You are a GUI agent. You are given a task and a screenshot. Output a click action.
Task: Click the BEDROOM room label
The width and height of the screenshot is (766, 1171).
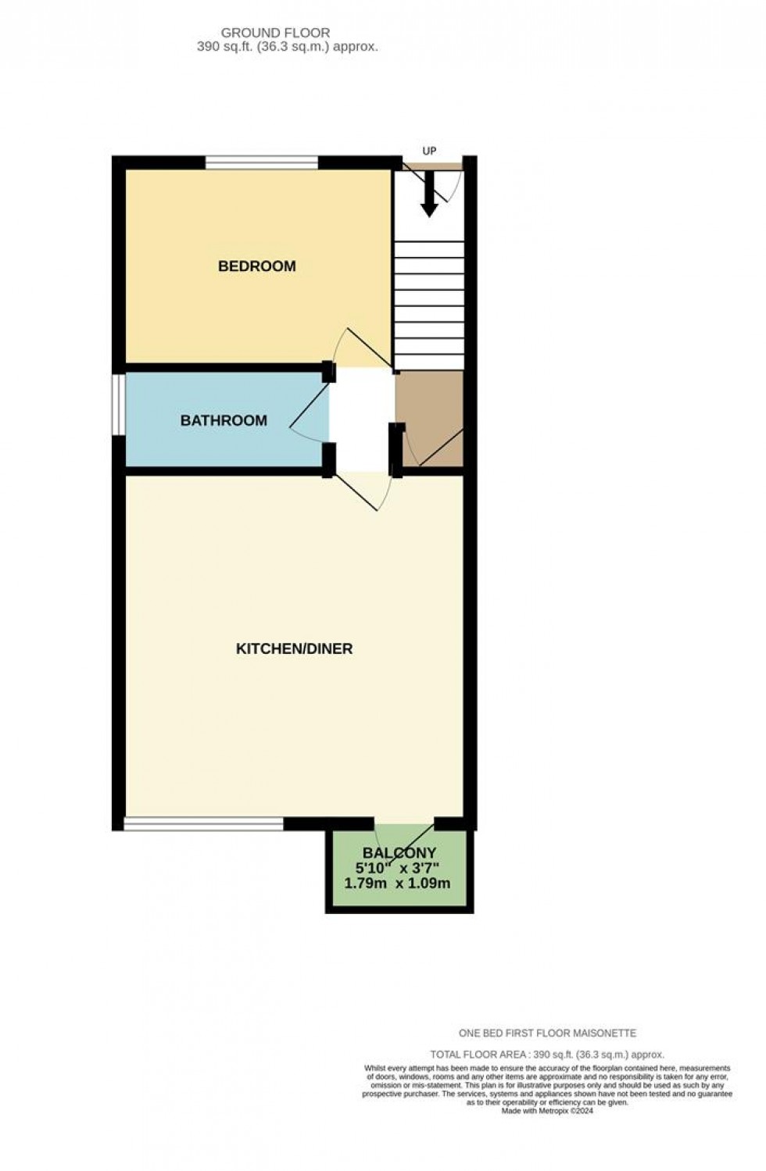(x=256, y=266)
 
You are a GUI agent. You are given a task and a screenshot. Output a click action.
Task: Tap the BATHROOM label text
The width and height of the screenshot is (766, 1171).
(x=224, y=421)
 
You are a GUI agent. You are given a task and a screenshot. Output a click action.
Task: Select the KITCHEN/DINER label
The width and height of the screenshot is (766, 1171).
(x=294, y=649)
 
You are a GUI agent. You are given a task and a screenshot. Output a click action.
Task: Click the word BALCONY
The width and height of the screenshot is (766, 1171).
(x=399, y=853)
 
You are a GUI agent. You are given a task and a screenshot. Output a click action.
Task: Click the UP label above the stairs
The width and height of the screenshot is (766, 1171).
(x=429, y=152)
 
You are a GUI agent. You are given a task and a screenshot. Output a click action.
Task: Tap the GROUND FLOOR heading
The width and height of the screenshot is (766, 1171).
(x=275, y=33)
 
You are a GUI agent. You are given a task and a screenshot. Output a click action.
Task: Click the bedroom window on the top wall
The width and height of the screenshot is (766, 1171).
(x=262, y=162)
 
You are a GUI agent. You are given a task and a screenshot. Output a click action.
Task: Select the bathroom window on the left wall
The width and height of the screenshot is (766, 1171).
(x=118, y=405)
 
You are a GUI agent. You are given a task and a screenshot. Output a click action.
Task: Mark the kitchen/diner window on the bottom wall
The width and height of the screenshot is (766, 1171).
(x=203, y=823)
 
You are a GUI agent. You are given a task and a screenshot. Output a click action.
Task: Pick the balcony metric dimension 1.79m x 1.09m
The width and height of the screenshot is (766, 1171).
(x=397, y=884)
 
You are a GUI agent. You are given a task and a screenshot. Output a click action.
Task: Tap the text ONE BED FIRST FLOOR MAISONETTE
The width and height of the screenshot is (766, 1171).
(x=547, y=1033)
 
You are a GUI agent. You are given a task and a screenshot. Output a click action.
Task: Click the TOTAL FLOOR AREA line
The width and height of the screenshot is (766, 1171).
(x=547, y=1055)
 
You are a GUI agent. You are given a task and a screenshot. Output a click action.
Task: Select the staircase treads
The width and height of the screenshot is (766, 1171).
(x=428, y=305)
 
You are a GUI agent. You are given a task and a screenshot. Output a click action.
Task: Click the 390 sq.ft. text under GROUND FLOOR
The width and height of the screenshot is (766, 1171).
(x=288, y=47)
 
